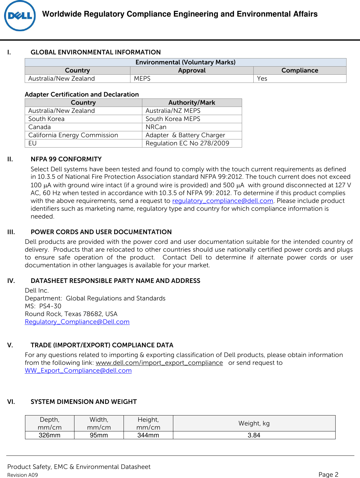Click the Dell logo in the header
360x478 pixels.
20,16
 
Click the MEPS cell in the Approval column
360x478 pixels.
142,79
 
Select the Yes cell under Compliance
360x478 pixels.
262,79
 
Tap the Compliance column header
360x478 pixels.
300,71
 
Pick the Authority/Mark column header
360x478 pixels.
192,103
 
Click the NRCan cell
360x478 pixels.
156,127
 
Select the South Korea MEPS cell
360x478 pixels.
173,119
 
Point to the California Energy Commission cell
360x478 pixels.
73,135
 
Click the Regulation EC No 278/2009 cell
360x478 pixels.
187,143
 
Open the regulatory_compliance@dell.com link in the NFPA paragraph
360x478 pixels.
223,201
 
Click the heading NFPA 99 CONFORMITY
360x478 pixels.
66,159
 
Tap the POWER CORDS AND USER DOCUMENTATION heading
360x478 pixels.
101,232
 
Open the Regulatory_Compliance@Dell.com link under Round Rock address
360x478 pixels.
77,322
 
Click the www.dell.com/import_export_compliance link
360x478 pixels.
159,363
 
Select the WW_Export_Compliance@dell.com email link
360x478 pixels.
78,371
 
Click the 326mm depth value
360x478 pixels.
49,435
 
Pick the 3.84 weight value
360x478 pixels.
254,435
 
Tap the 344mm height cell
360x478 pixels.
148,435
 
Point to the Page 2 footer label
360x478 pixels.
328,475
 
